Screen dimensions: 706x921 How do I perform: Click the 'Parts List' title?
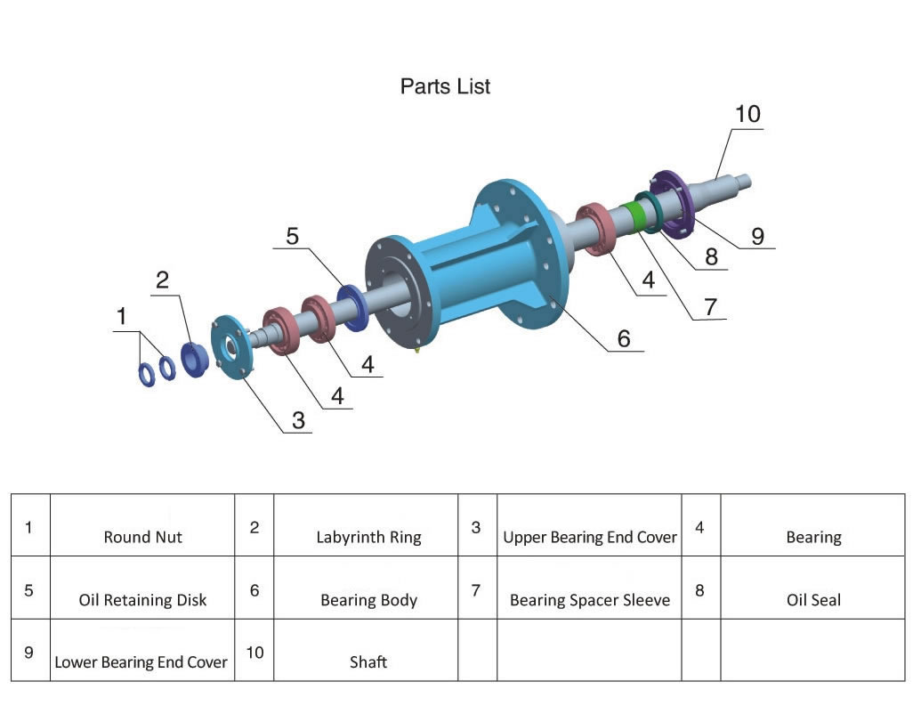[445, 86]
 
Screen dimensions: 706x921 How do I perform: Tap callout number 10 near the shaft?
[747, 114]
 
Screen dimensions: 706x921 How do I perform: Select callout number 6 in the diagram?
[623, 338]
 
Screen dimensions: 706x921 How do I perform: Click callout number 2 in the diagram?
[162, 280]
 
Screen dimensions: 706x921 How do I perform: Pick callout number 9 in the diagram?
[757, 236]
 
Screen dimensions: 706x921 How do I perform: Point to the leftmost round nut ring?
[145, 375]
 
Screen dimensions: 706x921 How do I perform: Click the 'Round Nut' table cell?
[142, 537]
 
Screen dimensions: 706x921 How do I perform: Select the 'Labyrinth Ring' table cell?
[368, 537]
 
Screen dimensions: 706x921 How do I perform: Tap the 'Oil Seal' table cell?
[813, 599]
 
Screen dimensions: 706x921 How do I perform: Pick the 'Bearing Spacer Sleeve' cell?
[589, 599]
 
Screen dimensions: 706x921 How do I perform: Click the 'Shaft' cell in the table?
[368, 661]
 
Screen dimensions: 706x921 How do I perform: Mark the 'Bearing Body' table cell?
[368, 599]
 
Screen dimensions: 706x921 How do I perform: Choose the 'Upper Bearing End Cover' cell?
[589, 537]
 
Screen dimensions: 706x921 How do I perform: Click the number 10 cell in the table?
[254, 652]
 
